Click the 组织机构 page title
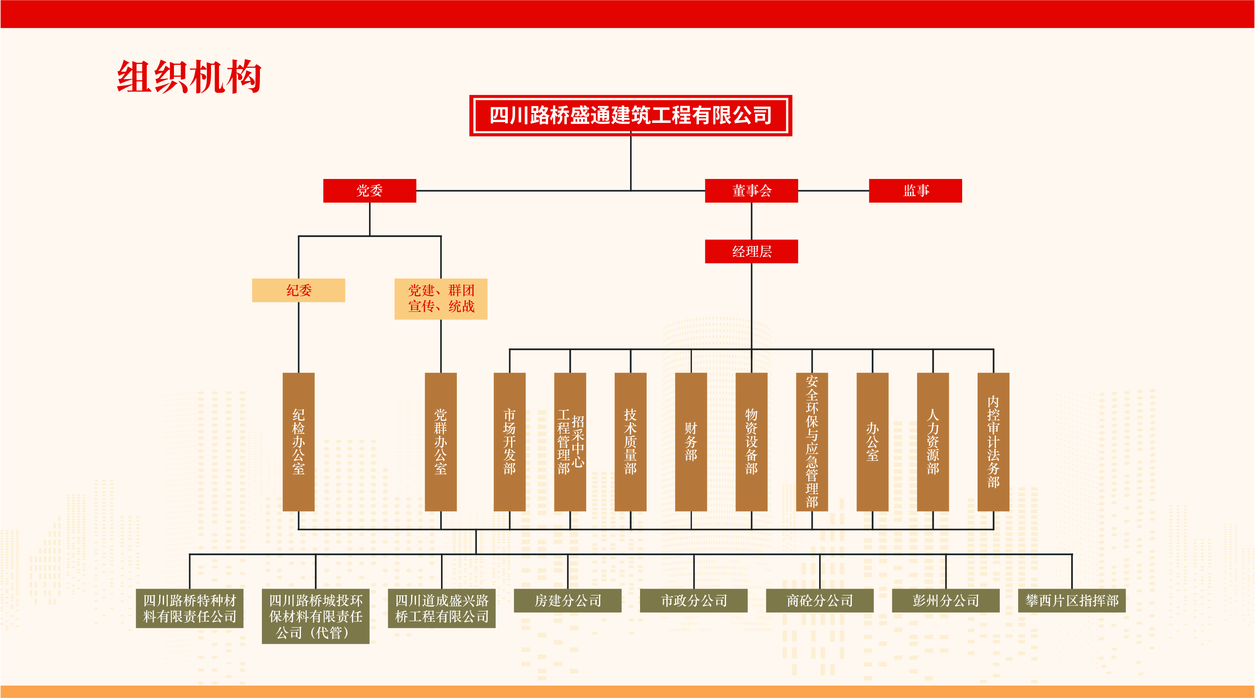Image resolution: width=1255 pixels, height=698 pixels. pyautogui.click(x=189, y=77)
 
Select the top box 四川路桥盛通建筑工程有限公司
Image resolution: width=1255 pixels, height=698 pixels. pyautogui.click(x=630, y=115)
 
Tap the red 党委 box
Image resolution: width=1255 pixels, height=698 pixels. pyautogui.click(x=369, y=191)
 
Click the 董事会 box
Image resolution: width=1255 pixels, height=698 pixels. pyautogui.click(x=751, y=191)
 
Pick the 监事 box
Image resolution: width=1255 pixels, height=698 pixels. pyautogui.click(x=915, y=191)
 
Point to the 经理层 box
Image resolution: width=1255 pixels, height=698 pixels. pyautogui.click(x=751, y=251)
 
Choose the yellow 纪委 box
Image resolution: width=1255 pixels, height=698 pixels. pyautogui.click(x=298, y=290)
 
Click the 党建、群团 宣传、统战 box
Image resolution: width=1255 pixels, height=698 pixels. pyautogui.click(x=440, y=298)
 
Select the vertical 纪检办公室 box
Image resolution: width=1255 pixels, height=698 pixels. pyautogui.click(x=298, y=441)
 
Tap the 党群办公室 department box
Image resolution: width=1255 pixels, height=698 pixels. pyautogui.click(x=440, y=441)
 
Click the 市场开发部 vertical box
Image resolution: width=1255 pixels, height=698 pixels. pyautogui.click(x=509, y=441)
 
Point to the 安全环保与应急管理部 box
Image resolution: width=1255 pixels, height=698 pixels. pyautogui.click(x=812, y=441)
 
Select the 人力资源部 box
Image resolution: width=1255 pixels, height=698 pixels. pyautogui.click(x=933, y=441)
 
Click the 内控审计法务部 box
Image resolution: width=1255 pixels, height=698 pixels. pyautogui.click(x=993, y=441)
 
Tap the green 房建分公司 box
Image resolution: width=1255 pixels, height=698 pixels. pyautogui.click(x=568, y=601)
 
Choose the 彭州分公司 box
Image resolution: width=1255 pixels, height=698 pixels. pyautogui.click(x=946, y=601)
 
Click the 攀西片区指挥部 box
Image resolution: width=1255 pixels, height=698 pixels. pyautogui.click(x=1072, y=601)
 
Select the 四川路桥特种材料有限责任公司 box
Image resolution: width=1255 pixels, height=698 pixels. pyautogui.click(x=189, y=609)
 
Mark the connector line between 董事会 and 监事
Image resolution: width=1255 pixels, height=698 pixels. pyautogui.click(x=833, y=191)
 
